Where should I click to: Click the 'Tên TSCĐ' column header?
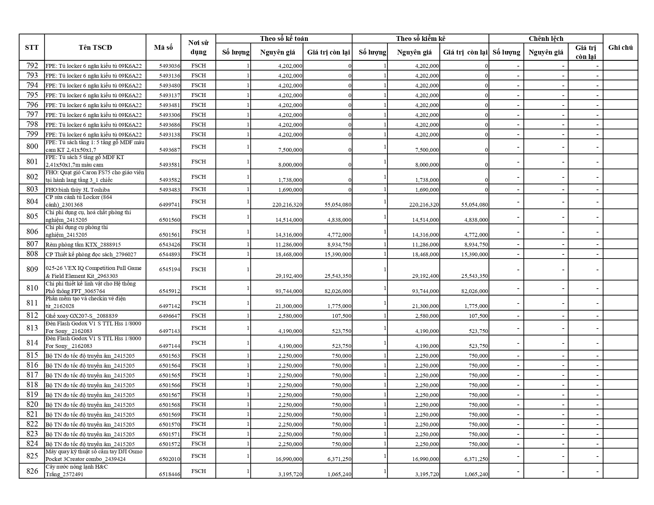pyautogui.click(x=95, y=48)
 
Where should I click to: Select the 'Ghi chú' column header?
pyautogui.click(x=620, y=48)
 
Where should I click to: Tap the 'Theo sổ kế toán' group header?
pyautogui.click(x=284, y=39)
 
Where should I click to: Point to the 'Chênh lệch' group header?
pyautogui.click(x=546, y=39)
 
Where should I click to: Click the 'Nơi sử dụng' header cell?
pyautogui.click(x=198, y=48)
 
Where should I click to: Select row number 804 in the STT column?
pyautogui.click(x=32, y=201)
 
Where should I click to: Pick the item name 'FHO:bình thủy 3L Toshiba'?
pyautogui.click(x=78, y=190)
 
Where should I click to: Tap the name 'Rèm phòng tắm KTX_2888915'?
pyautogui.click(x=83, y=245)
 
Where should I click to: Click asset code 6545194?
pyautogui.click(x=169, y=269)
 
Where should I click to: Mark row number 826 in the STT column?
pyautogui.click(x=32, y=471)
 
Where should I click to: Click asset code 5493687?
pyautogui.click(x=169, y=150)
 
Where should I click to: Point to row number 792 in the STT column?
pyautogui.click(x=32, y=66)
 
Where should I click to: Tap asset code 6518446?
pyautogui.click(x=169, y=475)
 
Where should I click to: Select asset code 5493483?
pyautogui.click(x=169, y=190)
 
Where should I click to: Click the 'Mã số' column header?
pyautogui.click(x=163, y=48)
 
